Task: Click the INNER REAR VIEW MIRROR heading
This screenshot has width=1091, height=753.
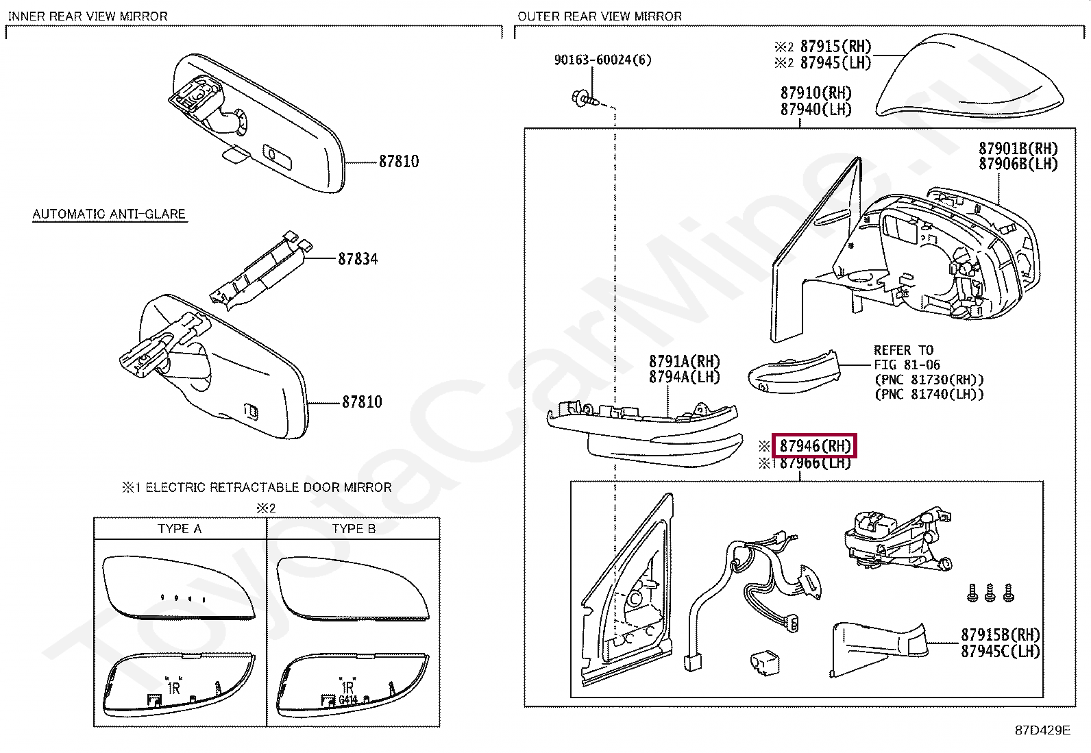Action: pos(88,16)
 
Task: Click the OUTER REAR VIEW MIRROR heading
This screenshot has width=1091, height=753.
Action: pos(600,16)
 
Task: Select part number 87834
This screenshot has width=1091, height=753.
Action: pos(358,259)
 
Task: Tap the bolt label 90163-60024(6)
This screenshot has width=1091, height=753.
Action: pos(602,60)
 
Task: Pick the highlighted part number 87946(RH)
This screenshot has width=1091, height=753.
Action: pos(814,446)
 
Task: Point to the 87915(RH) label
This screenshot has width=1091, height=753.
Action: pos(835,47)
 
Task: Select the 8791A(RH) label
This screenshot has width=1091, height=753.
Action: pos(684,361)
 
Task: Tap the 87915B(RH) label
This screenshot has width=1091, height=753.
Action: pos(1000,635)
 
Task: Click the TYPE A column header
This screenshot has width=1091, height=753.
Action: pos(180,529)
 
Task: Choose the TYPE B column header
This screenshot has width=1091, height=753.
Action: pos(354,529)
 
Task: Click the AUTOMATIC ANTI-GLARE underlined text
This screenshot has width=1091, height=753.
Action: pos(109,214)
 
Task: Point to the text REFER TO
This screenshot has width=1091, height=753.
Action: pos(903,351)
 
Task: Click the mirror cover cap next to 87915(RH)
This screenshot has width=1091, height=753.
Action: pos(970,79)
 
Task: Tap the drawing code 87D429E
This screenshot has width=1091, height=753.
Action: pos(1042,730)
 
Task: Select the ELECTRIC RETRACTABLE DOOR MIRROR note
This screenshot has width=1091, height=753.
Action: pos(268,488)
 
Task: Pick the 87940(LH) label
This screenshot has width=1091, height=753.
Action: pos(816,110)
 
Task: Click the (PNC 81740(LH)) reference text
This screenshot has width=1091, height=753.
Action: pos(929,395)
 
